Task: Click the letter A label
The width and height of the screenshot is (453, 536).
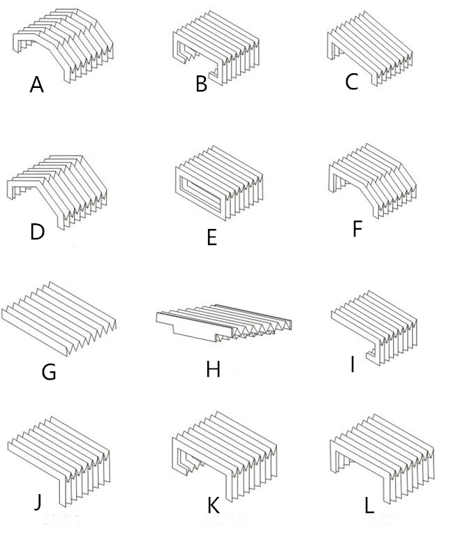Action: (37, 85)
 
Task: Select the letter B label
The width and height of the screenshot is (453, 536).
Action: (202, 85)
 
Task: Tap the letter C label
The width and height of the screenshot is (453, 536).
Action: (352, 82)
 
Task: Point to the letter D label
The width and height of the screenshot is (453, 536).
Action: (37, 232)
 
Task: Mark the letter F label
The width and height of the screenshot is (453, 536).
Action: (357, 228)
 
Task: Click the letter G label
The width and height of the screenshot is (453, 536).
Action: (49, 372)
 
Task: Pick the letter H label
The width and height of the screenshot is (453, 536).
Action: (214, 369)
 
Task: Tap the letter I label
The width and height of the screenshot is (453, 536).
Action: (352, 364)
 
